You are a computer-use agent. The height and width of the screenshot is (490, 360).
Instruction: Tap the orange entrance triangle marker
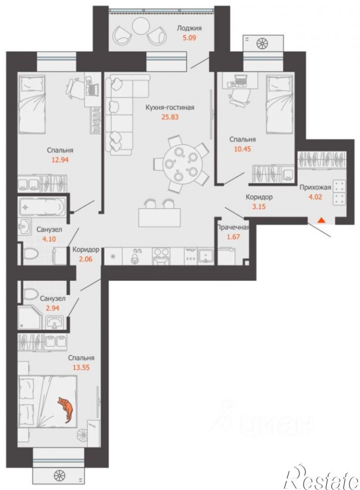pyautogui.click(x=321, y=221)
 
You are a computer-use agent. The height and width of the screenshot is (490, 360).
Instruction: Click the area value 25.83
pyautogui.click(x=170, y=117)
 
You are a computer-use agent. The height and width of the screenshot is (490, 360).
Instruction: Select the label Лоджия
pyautogui.click(x=189, y=28)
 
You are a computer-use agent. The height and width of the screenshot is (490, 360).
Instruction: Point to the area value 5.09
pyautogui.click(x=189, y=39)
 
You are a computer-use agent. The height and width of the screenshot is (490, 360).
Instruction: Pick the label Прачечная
pyautogui.click(x=233, y=227)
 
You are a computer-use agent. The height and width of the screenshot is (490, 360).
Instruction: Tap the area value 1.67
pyautogui.click(x=233, y=237)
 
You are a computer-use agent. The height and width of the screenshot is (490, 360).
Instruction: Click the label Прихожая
pyautogui.click(x=315, y=187)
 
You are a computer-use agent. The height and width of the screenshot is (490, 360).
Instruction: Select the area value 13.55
pyautogui.click(x=81, y=367)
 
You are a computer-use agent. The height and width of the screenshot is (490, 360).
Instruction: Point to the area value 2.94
pyautogui.click(x=52, y=308)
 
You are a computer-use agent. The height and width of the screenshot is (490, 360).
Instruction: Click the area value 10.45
pyautogui.click(x=242, y=149)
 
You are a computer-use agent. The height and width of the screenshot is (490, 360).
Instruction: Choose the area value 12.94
pyautogui.click(x=60, y=160)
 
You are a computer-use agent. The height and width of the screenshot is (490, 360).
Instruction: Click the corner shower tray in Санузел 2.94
pyautogui.click(x=30, y=317)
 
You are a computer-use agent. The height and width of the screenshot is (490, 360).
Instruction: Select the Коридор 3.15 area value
pyautogui.click(x=259, y=206)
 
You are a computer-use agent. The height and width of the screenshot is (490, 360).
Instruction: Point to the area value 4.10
pyautogui.click(x=49, y=240)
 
